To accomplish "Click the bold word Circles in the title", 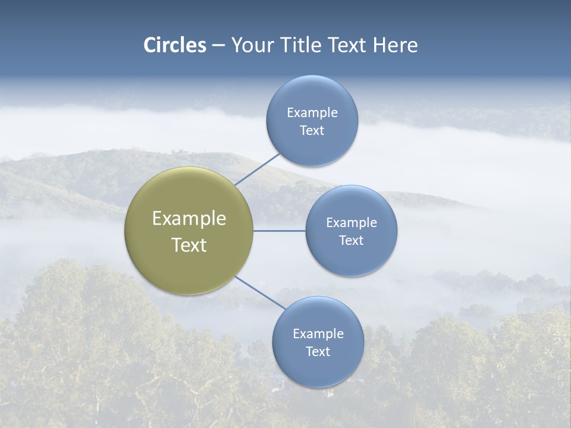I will coord(175,45).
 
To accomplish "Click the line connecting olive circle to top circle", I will coord(257,169).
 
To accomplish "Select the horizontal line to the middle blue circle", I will coord(279,231).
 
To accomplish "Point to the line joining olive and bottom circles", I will coord(260,292).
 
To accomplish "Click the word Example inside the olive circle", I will coord(189,219).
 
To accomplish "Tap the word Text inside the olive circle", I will coord(189,245).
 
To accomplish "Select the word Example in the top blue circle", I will coord(312,113).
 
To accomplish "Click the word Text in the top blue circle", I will coord(312,131).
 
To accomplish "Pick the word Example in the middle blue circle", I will coord(351,223).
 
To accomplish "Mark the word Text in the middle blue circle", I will coord(351,241).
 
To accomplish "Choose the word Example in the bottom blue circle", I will coord(318,334).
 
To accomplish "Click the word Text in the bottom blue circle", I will coord(318,352).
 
